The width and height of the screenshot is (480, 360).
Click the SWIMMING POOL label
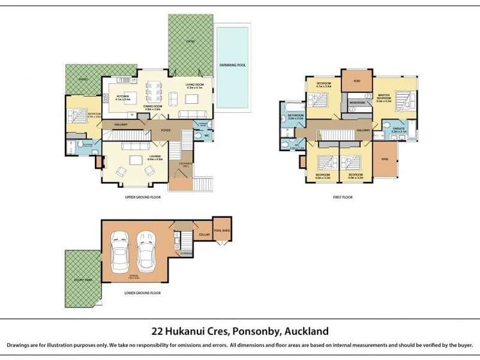click(232, 65)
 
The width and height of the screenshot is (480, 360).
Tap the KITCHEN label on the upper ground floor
click(122, 97)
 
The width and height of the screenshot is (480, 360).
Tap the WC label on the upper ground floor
click(206, 135)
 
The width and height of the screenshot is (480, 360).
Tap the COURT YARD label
click(79, 280)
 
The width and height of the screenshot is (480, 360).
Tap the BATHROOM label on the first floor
click(295, 117)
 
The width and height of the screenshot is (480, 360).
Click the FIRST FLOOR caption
click(343, 197)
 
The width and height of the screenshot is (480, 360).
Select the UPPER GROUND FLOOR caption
click(142, 197)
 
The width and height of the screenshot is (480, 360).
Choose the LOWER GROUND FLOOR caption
click(142, 292)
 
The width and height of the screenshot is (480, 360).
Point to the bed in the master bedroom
click(402, 101)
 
